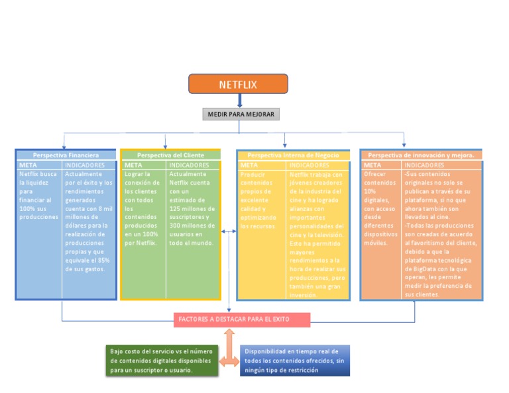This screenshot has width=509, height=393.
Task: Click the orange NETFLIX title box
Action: (x=238, y=84)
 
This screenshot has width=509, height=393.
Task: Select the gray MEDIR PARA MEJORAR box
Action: (x=240, y=114)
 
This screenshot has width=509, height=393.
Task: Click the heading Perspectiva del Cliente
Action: (x=170, y=155)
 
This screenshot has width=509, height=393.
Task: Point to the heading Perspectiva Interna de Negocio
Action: (x=293, y=155)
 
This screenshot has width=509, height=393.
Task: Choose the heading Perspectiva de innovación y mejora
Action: (x=421, y=155)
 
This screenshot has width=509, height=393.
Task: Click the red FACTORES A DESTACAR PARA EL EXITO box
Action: (x=242, y=320)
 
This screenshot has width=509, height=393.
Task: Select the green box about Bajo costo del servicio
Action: (x=161, y=361)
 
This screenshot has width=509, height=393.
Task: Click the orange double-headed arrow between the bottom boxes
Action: (x=229, y=361)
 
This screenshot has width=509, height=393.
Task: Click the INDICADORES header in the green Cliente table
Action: (x=189, y=165)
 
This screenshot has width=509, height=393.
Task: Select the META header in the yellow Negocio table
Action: (x=250, y=165)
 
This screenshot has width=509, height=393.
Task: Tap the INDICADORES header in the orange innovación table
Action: (x=424, y=165)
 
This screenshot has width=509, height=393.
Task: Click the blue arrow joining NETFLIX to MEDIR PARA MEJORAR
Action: (x=240, y=100)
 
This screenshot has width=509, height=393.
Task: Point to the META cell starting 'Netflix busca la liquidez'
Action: (x=38, y=195)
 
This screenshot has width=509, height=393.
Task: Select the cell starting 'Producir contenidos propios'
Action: (x=260, y=200)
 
